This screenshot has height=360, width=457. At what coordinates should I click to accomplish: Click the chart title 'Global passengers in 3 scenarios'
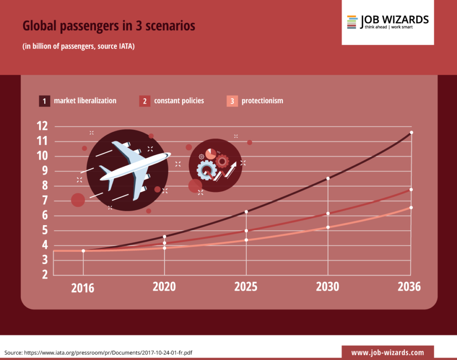[x=109, y=26]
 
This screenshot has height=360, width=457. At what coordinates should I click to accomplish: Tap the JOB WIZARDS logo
[x=387, y=22]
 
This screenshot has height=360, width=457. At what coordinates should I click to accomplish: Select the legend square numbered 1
[x=44, y=101]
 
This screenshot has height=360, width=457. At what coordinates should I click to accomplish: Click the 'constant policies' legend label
[x=179, y=101]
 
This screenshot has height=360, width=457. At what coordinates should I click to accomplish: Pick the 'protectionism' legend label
[x=262, y=101]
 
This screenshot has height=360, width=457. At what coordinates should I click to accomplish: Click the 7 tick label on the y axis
[x=44, y=201]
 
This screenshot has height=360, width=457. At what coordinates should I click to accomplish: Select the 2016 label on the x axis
[x=83, y=288]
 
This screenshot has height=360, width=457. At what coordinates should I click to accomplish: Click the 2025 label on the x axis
[x=246, y=287]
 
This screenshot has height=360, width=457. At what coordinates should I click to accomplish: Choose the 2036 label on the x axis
[x=409, y=287]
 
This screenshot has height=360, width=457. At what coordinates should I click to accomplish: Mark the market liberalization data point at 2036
[x=411, y=133]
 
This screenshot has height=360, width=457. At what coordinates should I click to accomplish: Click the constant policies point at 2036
[x=411, y=190]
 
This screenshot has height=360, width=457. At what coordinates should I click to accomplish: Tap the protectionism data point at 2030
[x=328, y=227]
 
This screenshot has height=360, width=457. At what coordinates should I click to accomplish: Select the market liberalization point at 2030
[x=328, y=179]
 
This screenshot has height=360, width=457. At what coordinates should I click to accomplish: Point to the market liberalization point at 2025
[x=246, y=212]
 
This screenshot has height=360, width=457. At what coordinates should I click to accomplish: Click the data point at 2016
[x=83, y=251]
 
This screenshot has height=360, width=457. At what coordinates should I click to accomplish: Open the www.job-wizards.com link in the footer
[x=387, y=352]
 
